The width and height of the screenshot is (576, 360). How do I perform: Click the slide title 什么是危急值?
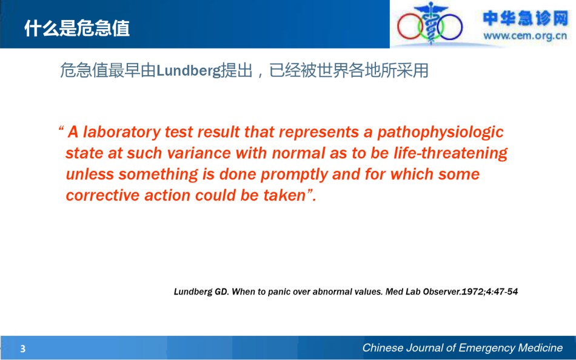(x=77, y=28)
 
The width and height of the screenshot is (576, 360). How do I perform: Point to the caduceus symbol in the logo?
(x=430, y=22)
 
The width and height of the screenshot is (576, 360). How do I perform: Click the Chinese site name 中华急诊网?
(x=525, y=18)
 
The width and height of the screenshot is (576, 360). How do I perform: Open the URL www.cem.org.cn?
(x=525, y=36)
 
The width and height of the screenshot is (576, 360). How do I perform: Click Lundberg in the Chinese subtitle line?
(x=189, y=70)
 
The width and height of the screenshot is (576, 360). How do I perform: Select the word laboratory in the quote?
(x=122, y=132)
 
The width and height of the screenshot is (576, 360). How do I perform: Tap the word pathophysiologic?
(x=440, y=132)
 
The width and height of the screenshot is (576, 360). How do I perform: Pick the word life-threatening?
(x=450, y=153)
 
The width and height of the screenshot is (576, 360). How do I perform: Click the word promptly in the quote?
(x=294, y=175)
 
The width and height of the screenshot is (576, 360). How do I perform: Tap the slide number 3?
(x=23, y=348)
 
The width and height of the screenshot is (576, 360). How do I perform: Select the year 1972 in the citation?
(x=473, y=292)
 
